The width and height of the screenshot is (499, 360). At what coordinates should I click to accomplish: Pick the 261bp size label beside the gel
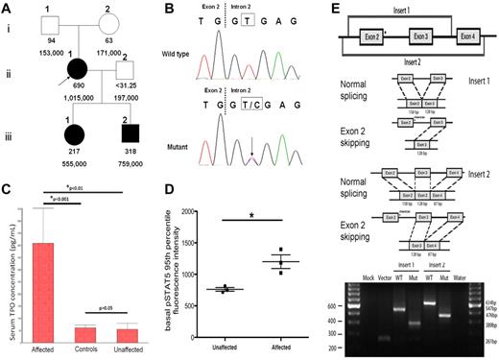[486, 339]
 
